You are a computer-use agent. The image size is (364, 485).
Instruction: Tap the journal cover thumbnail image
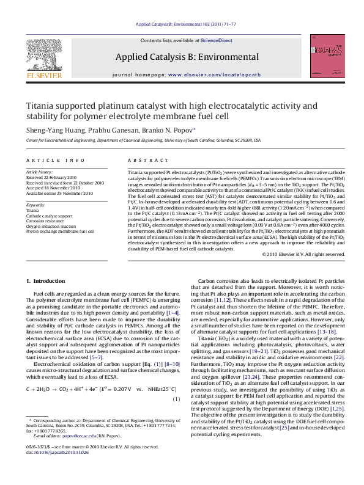coord(324,59)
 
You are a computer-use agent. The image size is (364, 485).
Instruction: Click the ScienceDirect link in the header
coord(217,40)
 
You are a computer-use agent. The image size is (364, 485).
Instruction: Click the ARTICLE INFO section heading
coord(55,160)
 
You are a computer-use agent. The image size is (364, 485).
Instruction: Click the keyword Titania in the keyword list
coord(32,210)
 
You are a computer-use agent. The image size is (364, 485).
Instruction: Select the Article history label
coord(39,173)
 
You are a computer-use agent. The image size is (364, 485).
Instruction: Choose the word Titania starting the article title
coord(40,105)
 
